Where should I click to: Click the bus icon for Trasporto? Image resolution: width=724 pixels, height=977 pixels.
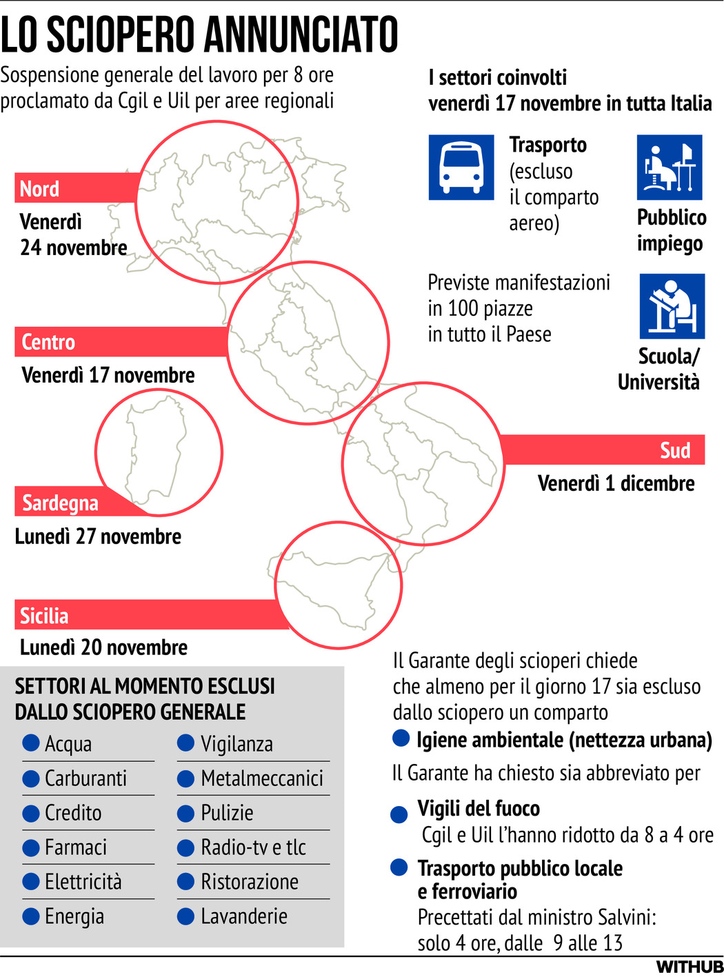tap(461, 167)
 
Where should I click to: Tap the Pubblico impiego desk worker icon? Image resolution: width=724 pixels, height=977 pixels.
tap(669, 167)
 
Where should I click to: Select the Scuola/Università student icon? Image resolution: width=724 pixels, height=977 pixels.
tap(672, 306)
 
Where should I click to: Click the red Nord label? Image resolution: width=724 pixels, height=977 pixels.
tap(40, 188)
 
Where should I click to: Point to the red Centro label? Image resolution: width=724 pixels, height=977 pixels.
tap(48, 342)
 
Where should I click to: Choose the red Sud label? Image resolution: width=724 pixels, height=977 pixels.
tap(674, 450)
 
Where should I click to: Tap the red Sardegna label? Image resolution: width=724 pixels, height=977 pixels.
tap(60, 503)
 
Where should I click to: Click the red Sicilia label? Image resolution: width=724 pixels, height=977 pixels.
tap(44, 615)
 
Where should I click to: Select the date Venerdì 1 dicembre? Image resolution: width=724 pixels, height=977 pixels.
tap(616, 483)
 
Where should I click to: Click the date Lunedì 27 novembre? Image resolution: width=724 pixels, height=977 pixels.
tap(98, 536)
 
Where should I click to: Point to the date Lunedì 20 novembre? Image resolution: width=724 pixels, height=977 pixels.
tap(103, 647)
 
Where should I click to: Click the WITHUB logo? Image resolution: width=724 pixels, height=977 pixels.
tap(689, 967)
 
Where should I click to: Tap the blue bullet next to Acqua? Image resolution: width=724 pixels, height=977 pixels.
tap(31, 743)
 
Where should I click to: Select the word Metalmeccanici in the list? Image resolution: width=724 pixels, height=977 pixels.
tap(262, 778)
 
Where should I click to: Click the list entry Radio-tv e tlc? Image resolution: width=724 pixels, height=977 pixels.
tap(253, 847)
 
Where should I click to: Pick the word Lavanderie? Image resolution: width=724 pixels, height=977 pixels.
tap(244, 916)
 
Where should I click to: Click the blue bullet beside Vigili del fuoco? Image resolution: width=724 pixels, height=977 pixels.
tap(399, 815)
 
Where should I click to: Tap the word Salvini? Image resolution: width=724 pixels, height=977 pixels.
tap(626, 918)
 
